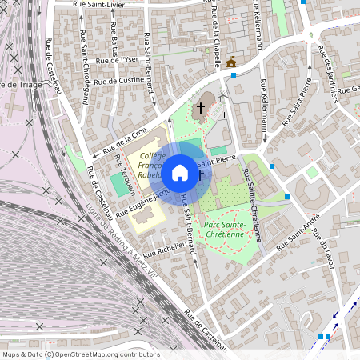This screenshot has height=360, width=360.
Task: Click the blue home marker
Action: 180,172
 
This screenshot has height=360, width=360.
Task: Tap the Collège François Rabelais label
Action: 151,164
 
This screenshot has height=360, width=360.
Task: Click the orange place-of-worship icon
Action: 232,62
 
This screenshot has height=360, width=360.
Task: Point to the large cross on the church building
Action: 201,106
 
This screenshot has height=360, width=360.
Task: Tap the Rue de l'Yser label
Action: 117,60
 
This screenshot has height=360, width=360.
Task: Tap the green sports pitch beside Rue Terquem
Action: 122,185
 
